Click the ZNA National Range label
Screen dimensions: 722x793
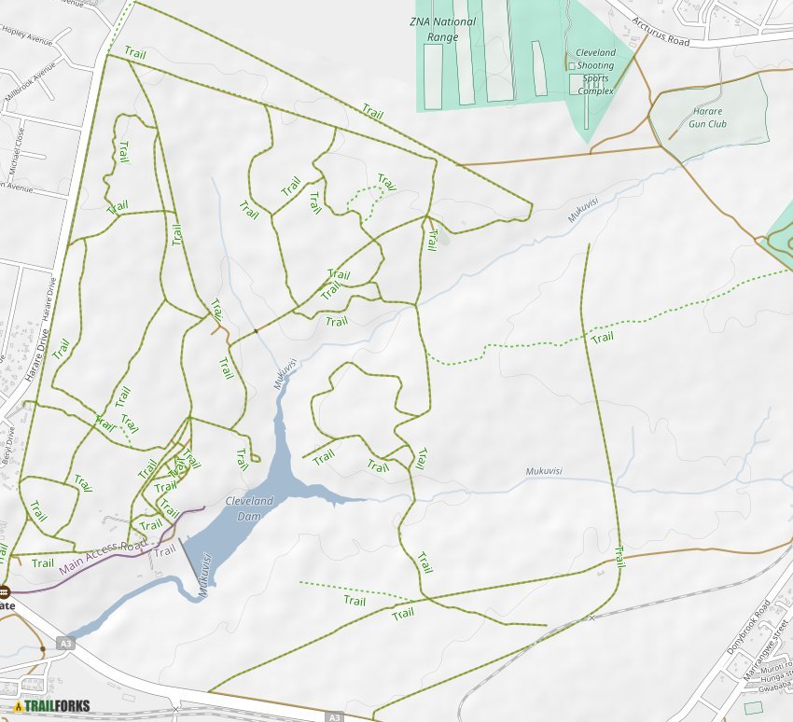(443, 29)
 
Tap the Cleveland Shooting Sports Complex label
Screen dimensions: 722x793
(595, 72)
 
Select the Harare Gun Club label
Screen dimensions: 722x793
(707, 118)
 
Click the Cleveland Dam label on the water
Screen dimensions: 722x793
(250, 508)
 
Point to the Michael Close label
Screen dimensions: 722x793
(16, 149)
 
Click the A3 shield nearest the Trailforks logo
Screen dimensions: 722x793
(64, 643)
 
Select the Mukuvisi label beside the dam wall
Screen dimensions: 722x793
(202, 575)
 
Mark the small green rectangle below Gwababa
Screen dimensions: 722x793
(753, 708)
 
